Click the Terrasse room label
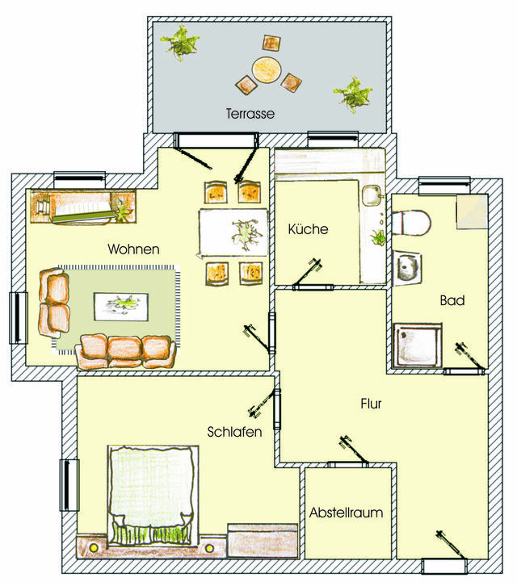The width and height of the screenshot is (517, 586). [x=250, y=115]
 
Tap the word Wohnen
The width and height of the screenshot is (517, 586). [x=133, y=249]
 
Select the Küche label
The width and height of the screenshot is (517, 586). [x=308, y=229]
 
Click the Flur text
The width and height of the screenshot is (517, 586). [x=370, y=403]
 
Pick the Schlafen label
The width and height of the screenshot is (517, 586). [x=233, y=432]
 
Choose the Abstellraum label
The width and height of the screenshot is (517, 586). [x=346, y=512]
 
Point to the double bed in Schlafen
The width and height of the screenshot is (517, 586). [x=153, y=492]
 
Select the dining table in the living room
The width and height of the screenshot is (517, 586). [x=233, y=232]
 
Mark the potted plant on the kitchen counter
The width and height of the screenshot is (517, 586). [x=376, y=237]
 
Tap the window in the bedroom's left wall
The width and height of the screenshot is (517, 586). [x=69, y=484]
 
